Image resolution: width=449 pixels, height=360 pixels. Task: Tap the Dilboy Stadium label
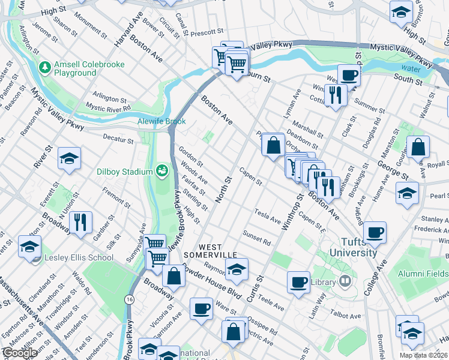[x=125, y=172]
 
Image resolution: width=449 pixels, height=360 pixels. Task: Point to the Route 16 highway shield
[x=129, y=299]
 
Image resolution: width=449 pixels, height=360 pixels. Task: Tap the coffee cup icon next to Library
[x=298, y=281]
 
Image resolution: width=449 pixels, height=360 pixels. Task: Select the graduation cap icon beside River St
[x=69, y=159]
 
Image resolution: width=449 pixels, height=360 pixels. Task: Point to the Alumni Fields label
[x=423, y=274]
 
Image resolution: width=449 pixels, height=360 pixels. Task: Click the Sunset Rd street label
[x=258, y=238]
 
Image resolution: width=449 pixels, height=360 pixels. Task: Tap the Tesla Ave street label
[x=268, y=216]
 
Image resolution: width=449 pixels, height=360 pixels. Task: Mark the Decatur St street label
[x=118, y=140]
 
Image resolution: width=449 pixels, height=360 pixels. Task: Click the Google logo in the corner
[x=20, y=353]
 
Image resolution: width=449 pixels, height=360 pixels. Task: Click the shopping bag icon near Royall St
[x=418, y=146]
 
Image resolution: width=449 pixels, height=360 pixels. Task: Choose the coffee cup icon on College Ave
[x=375, y=232]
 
